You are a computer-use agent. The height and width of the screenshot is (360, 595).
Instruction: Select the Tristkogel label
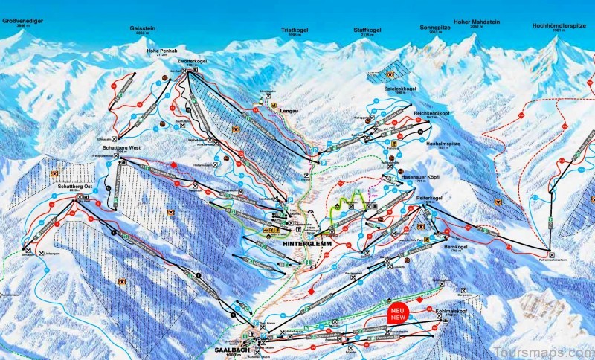pyautogui.click(x=295, y=30)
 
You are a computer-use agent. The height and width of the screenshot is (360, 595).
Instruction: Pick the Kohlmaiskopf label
pyautogui.click(x=454, y=312)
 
